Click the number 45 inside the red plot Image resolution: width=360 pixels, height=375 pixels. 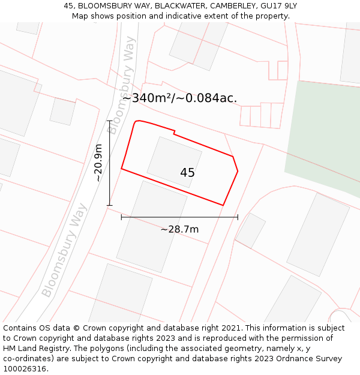[x=187, y=173]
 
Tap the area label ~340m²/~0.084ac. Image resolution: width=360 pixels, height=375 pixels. [x=179, y=98]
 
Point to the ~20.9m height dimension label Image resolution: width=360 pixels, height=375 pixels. [x=99, y=163]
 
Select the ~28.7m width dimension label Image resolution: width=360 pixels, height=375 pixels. [x=179, y=229]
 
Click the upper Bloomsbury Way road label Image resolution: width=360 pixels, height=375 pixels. [x=122, y=80]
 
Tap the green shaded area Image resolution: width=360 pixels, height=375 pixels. [x=324, y=135]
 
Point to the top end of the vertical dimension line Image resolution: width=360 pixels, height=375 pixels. [x=109, y=121]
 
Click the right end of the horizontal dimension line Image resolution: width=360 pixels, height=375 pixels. [x=238, y=217]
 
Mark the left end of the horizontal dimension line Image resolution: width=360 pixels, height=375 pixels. [x=121, y=217]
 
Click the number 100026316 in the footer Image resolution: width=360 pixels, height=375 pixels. [x=25, y=369]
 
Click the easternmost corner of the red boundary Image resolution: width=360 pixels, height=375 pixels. [x=238, y=171]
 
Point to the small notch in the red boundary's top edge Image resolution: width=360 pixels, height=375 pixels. [x=175, y=131]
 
